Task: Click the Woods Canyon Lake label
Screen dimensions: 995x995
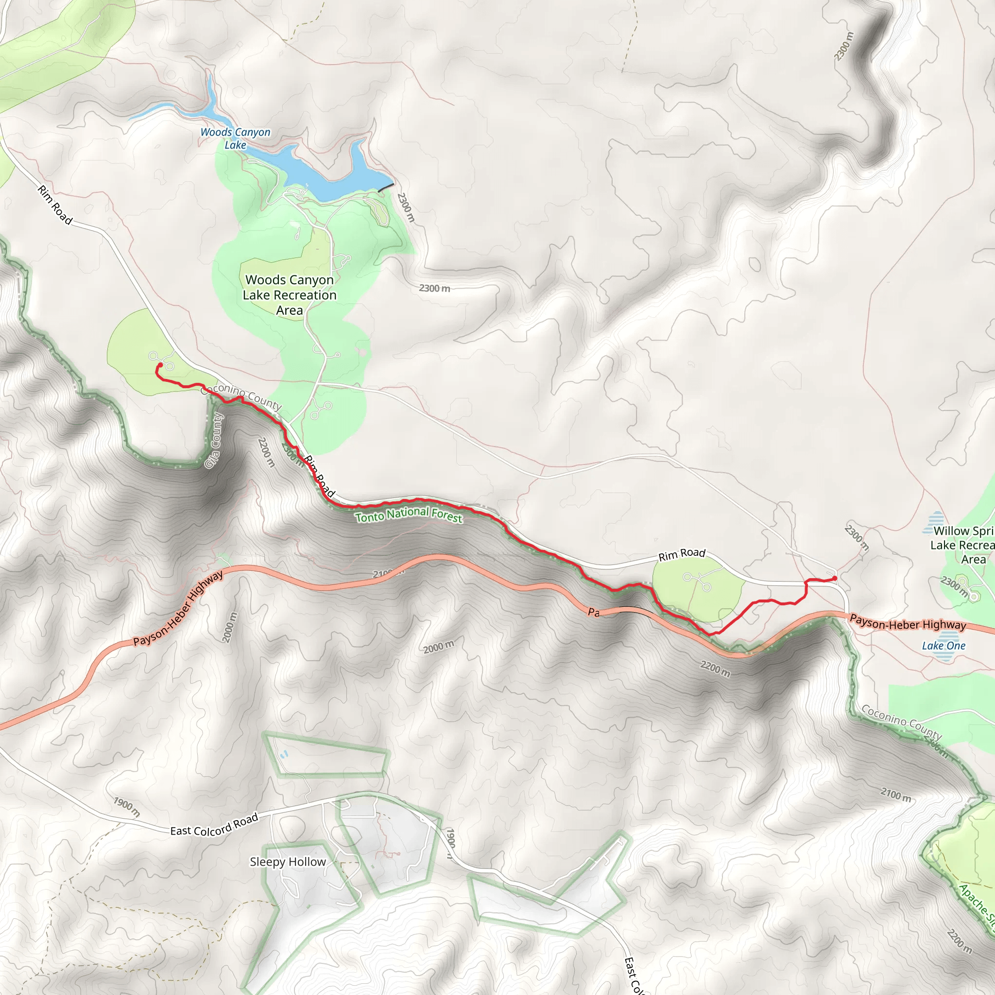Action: pos(235,138)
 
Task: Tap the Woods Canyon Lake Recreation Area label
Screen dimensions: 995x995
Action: pos(290,294)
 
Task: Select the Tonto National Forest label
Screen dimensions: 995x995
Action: pos(409,515)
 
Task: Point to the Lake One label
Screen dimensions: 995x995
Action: pos(944,646)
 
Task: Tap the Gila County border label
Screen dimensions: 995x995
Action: pos(214,441)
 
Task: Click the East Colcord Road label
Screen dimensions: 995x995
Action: pos(214,825)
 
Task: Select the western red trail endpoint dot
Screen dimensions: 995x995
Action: pos(160,365)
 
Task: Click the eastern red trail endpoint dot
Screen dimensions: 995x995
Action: pos(834,578)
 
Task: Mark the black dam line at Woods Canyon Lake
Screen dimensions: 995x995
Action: pos(386,188)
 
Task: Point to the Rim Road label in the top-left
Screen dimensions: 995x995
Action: pos(54,205)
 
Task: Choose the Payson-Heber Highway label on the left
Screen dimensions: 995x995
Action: pos(178,608)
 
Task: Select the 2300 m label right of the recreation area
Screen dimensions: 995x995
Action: pos(434,289)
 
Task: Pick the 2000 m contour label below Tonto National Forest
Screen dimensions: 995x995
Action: pos(439,647)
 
